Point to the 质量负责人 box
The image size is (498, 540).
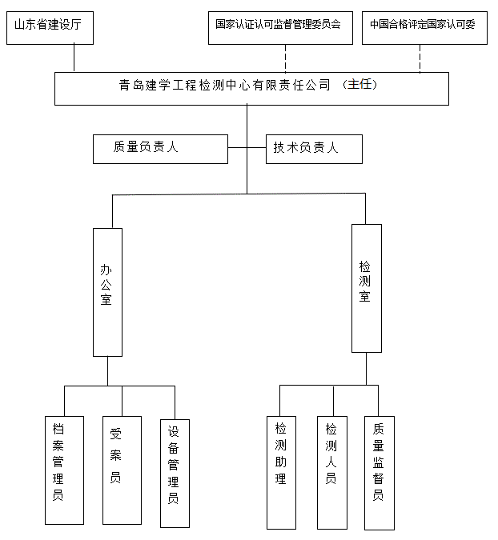(x=160, y=149)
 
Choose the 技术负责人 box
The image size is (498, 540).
(x=314, y=149)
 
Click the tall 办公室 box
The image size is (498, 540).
(x=107, y=292)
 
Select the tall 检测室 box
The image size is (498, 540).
(x=366, y=288)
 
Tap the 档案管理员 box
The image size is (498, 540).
(x=64, y=470)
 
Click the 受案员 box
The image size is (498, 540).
(x=122, y=470)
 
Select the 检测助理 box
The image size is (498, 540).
(x=281, y=472)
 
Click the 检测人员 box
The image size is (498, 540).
(x=331, y=472)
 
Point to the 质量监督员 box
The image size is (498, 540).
(x=379, y=472)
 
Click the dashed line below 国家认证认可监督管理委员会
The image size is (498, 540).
(x=286, y=58)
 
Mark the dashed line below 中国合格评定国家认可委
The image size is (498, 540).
(x=420, y=58)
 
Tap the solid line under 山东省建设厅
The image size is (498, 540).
(x=74, y=58)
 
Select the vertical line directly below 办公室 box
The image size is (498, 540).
(x=107, y=371)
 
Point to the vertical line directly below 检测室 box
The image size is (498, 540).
(x=367, y=368)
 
